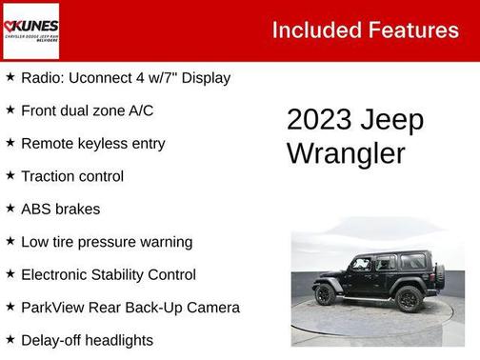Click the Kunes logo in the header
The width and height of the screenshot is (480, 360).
click(31, 30)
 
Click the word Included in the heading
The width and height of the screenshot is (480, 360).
click(314, 30)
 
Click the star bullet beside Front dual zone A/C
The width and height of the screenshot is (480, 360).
click(10, 110)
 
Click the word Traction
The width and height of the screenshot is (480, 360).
click(46, 176)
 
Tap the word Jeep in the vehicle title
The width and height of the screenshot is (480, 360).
click(392, 120)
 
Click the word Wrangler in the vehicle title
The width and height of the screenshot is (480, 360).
click(346, 153)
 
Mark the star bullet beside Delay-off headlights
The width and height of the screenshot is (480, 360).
click(10, 339)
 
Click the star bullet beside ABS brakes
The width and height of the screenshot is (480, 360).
click(10, 208)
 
